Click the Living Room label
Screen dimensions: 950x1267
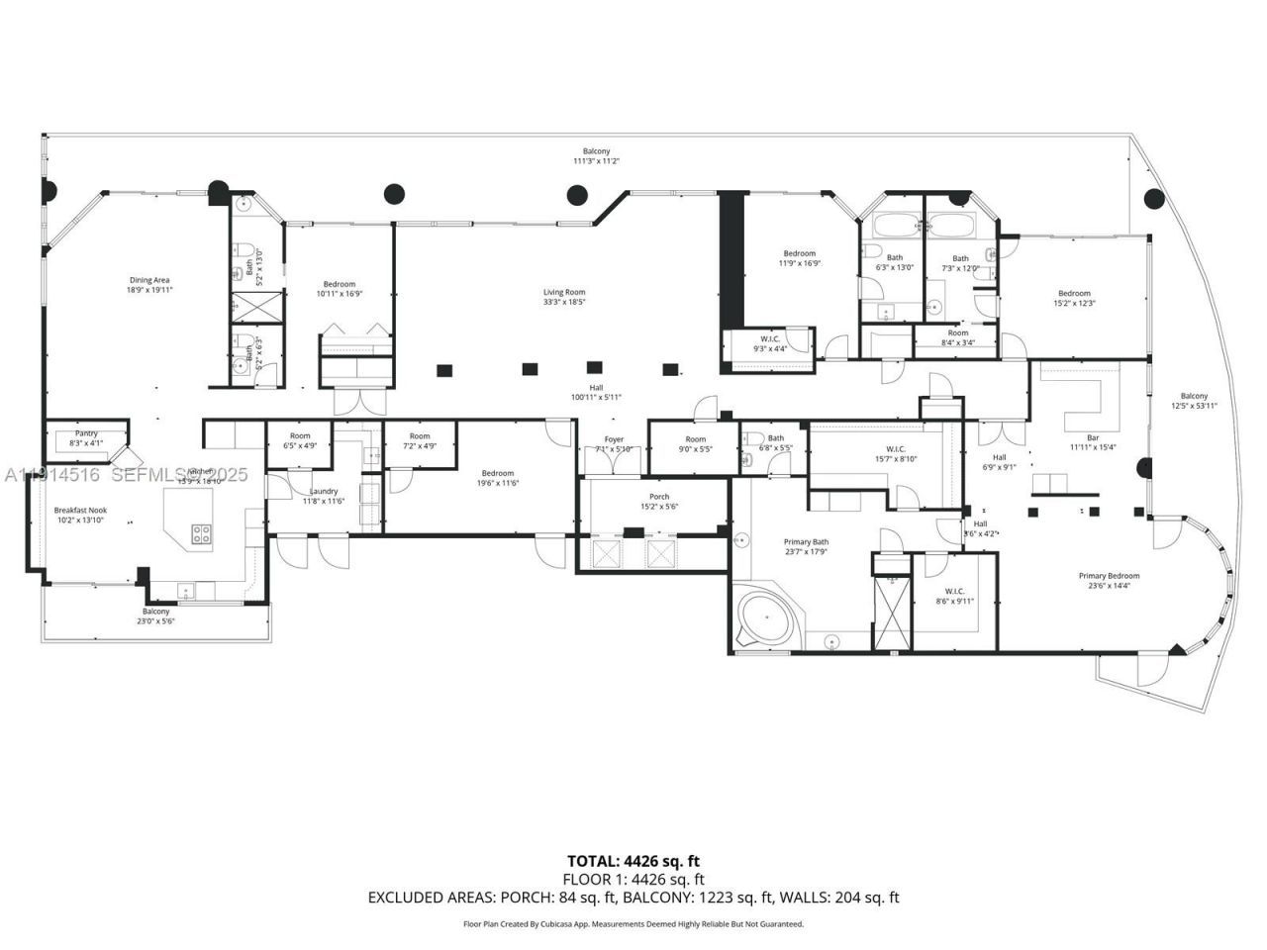[564, 296]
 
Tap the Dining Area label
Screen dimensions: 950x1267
[148, 285]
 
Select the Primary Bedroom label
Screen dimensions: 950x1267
[1109, 581]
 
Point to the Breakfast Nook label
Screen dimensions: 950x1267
[81, 515]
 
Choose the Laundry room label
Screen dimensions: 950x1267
[324, 496]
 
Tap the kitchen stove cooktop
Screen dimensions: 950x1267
[201, 533]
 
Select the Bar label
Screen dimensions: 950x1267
[1093, 441]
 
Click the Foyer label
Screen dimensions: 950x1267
[614, 444]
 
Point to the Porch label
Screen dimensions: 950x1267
[659, 502]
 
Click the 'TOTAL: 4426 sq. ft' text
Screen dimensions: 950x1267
[633, 861]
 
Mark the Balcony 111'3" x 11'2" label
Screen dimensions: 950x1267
[596, 155]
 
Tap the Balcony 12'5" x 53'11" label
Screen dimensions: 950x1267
[1194, 401]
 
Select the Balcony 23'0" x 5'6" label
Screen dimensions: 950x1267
[155, 616]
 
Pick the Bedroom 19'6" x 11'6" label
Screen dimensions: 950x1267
[498, 477]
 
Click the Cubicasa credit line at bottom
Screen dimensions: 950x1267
[633, 923]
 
